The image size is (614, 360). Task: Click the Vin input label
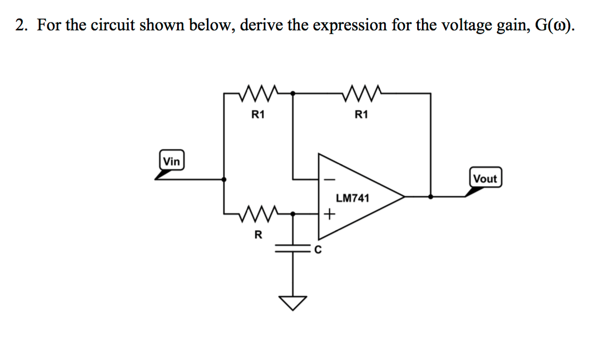tap(171, 161)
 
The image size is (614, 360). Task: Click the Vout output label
tap(485, 179)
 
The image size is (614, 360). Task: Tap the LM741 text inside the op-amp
tap(352, 198)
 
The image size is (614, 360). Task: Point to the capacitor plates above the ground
tap(293, 248)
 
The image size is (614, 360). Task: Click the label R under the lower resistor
tap(258, 235)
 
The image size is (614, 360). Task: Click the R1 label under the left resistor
tap(258, 114)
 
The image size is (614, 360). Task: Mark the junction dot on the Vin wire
tap(224, 179)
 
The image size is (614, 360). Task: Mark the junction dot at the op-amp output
tap(430, 196)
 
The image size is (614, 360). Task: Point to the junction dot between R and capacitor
tap(293, 214)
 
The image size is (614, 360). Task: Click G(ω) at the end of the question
tap(551, 26)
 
